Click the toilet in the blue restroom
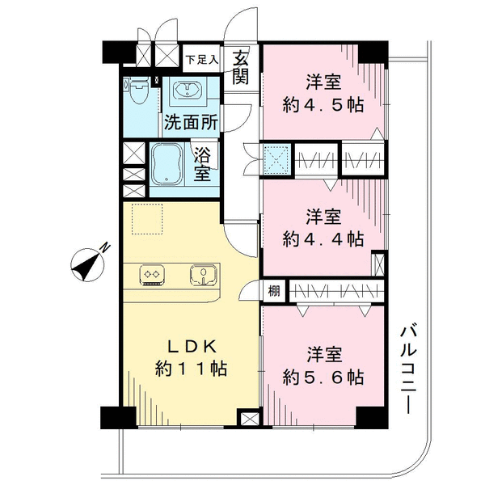coord(138,91)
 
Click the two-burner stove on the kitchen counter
coord(152,275)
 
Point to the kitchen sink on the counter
coord(203,274)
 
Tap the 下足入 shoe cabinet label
coord(202,59)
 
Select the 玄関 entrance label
coord(241,68)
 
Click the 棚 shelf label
coord(274,291)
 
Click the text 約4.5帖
coord(323,105)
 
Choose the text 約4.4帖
coord(323,239)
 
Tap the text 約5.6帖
coord(323,377)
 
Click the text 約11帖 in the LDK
coord(191,369)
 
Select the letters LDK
coord(192,348)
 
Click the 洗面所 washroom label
coord(191,123)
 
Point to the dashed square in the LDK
coord(147,219)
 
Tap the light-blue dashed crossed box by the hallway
coord(276,159)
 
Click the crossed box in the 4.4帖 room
coord(379,264)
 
